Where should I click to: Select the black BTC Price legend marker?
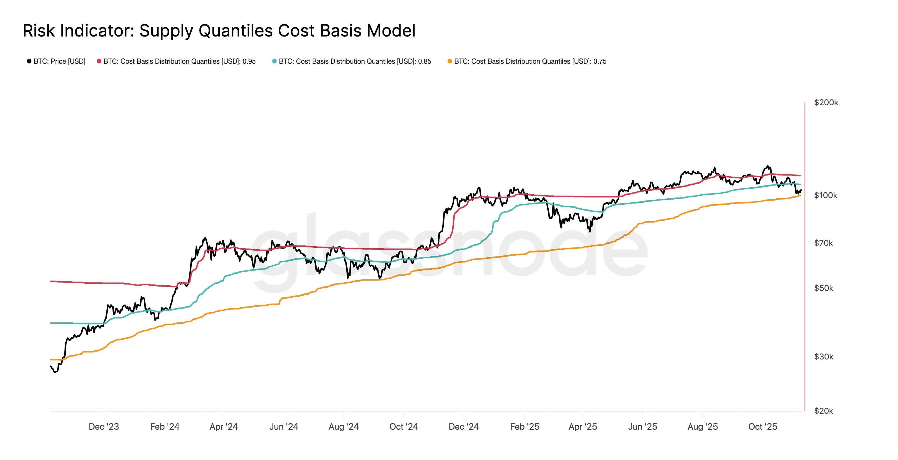(x=29, y=62)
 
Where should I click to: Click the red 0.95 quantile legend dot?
(x=99, y=62)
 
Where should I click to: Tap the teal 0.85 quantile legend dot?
(x=274, y=62)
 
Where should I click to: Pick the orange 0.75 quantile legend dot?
(x=450, y=62)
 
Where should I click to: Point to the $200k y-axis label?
(x=826, y=103)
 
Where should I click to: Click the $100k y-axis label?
(x=825, y=195)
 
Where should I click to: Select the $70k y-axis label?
(x=823, y=243)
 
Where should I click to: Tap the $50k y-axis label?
(x=823, y=288)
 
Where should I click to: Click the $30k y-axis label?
(x=823, y=357)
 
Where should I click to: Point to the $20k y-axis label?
(x=823, y=411)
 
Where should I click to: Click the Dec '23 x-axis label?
(x=104, y=427)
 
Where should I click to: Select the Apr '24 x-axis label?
(x=224, y=427)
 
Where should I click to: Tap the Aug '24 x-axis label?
(x=344, y=427)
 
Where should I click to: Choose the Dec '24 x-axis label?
(x=464, y=427)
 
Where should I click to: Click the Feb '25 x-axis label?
(x=525, y=427)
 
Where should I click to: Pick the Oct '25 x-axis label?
(x=763, y=427)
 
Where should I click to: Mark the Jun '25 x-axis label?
(x=642, y=427)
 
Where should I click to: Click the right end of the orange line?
(x=800, y=195)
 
